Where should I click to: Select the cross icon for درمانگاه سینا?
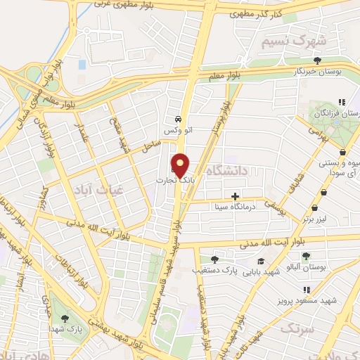pyautogui.click(x=235, y=195)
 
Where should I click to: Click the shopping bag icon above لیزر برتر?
pyautogui.click(x=314, y=210)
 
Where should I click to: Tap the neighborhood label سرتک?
pyautogui.click(x=295, y=328)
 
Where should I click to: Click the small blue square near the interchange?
pyautogui.click(x=82, y=65)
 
